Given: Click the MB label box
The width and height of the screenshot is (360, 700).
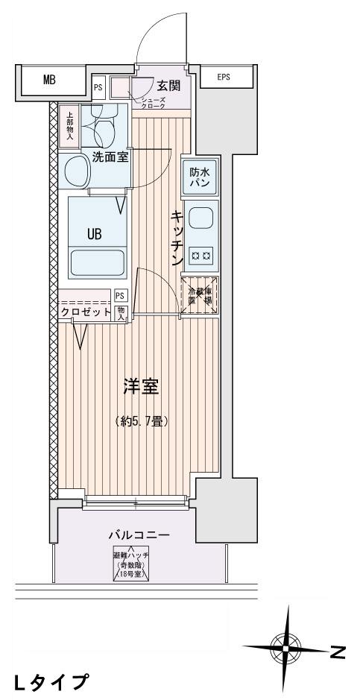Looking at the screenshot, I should [49, 81].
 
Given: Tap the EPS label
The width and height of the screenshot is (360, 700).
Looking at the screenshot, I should [224, 77].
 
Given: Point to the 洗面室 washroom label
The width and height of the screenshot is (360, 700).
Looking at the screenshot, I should [110, 157].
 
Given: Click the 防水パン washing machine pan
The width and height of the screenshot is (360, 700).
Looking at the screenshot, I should [199, 177].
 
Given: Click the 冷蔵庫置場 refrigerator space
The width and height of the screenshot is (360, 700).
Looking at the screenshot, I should [200, 296].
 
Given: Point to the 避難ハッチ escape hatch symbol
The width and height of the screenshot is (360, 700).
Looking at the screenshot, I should [130, 564].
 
